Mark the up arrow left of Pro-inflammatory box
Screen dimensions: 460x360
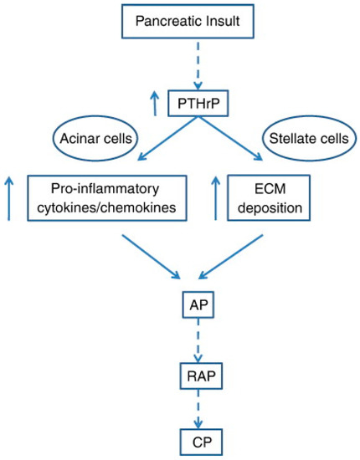click(9, 197)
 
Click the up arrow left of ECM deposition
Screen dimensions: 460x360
click(219, 197)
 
